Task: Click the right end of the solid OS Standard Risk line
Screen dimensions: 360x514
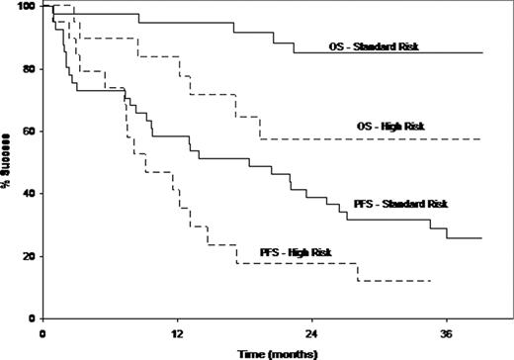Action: point(481,53)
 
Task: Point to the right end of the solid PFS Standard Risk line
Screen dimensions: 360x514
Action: point(481,238)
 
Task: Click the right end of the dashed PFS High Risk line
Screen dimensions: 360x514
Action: point(432,281)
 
